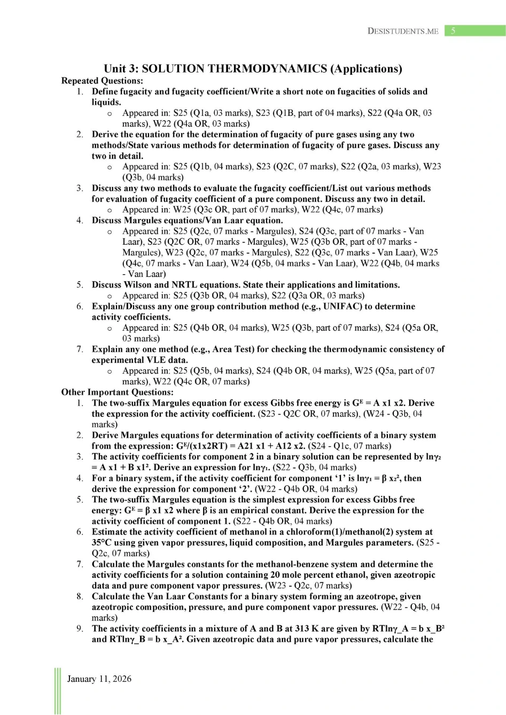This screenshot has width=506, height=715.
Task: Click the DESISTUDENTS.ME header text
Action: (403, 31)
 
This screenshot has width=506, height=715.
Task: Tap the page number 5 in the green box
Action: (453, 31)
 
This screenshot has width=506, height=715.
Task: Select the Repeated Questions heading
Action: (102, 81)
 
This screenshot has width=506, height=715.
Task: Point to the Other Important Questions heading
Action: (117, 392)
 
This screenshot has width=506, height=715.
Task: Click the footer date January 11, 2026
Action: (99, 679)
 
